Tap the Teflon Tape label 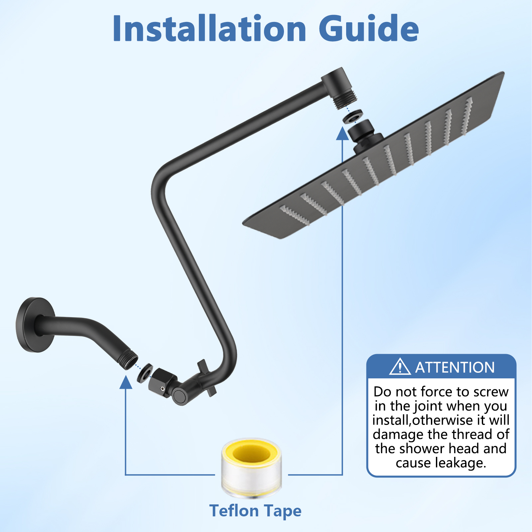[x=255, y=511]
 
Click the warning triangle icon [x=400, y=367]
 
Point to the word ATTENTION [x=455, y=367]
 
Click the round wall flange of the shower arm [x=35, y=325]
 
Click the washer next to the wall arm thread [x=145, y=373]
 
